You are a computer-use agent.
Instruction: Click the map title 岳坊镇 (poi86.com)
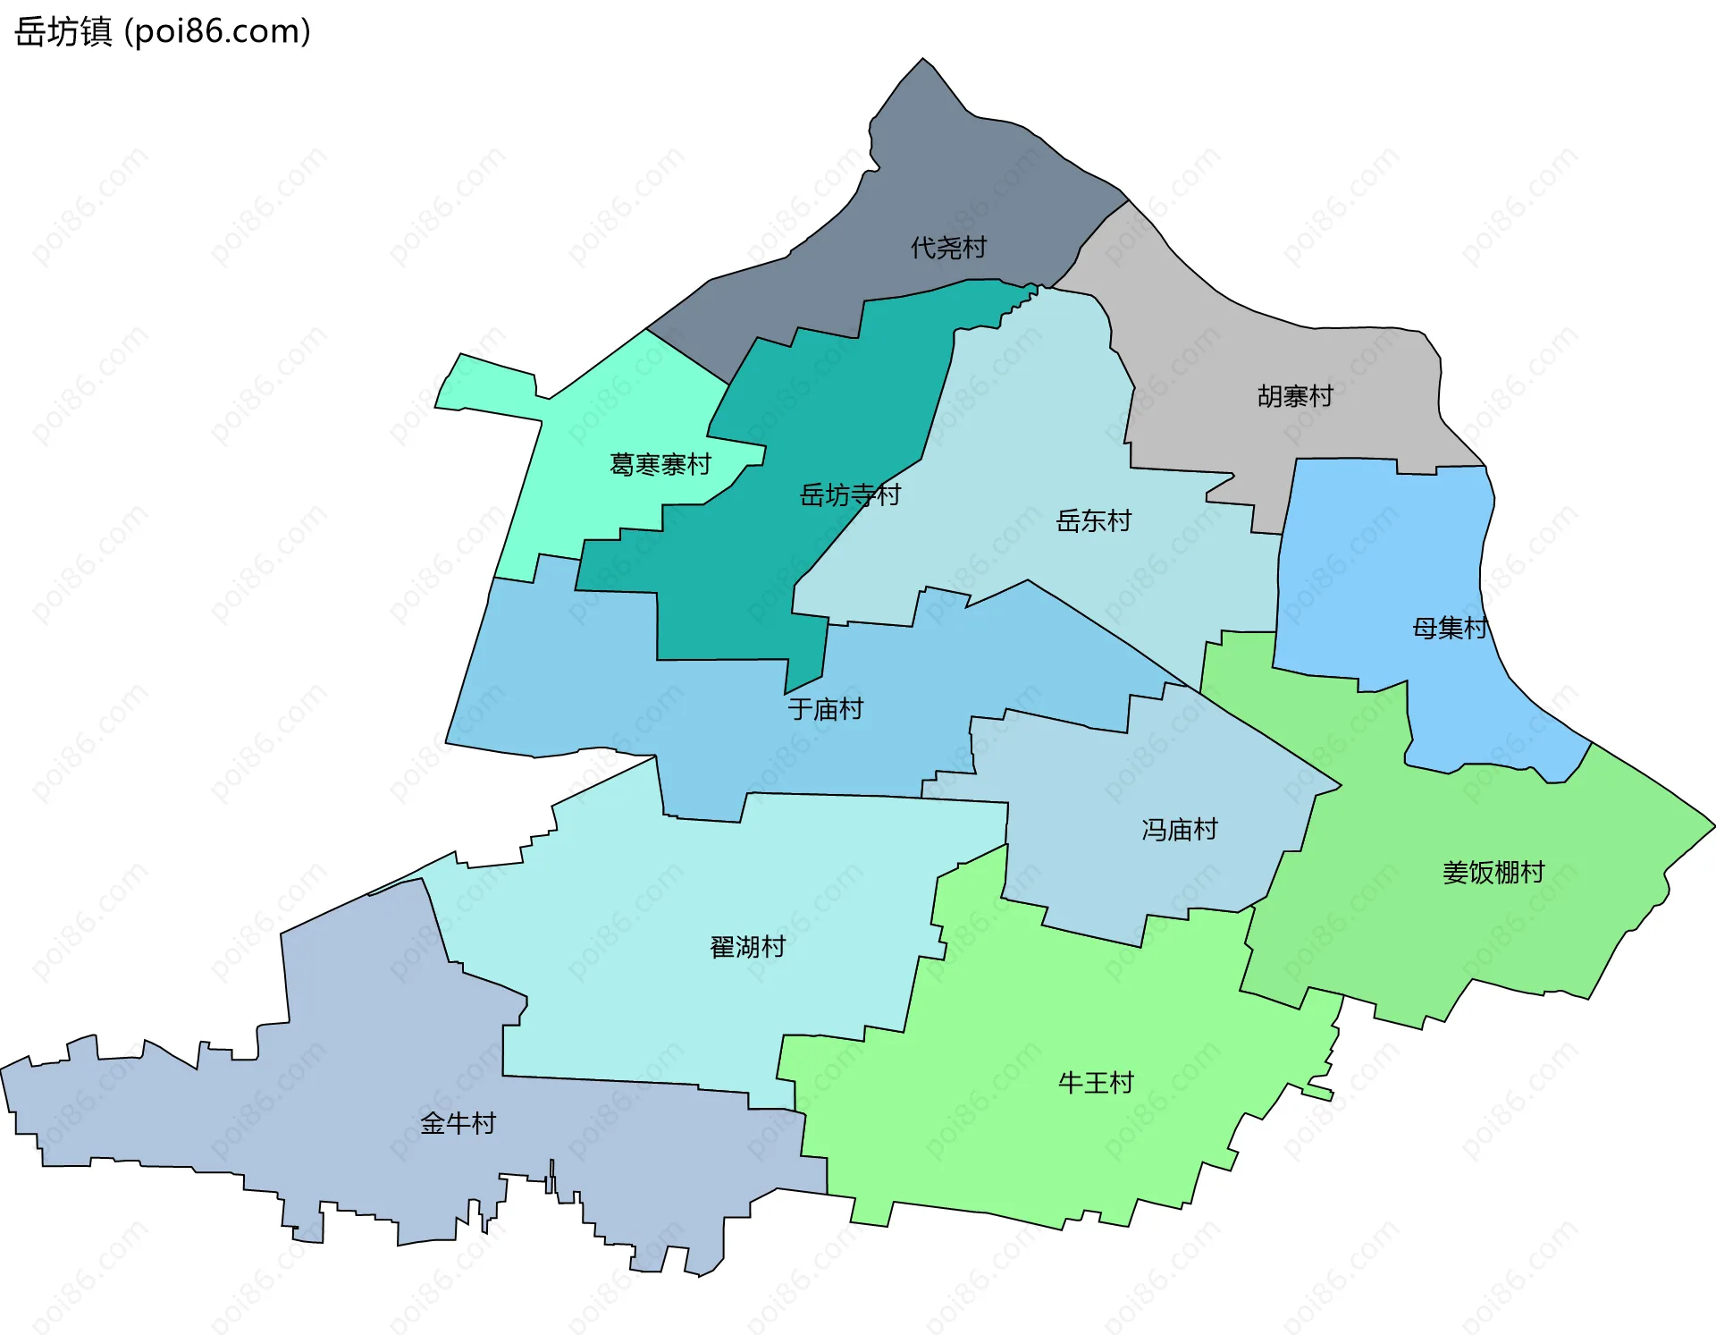(x=163, y=31)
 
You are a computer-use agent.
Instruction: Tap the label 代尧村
(x=948, y=248)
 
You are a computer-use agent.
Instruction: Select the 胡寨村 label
(x=1295, y=396)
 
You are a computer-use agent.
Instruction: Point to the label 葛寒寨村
(x=660, y=465)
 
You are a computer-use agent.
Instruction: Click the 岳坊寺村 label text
(x=850, y=494)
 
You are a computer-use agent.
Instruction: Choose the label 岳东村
(x=1093, y=520)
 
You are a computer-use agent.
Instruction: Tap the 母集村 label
(x=1450, y=629)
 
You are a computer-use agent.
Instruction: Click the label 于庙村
(x=825, y=709)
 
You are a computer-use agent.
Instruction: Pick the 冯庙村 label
(x=1180, y=830)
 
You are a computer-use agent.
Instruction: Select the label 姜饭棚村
(x=1493, y=873)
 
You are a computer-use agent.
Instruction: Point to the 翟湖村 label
(x=747, y=947)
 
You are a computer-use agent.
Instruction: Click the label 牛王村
(x=1096, y=1084)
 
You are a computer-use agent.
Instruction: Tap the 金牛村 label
(x=458, y=1124)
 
